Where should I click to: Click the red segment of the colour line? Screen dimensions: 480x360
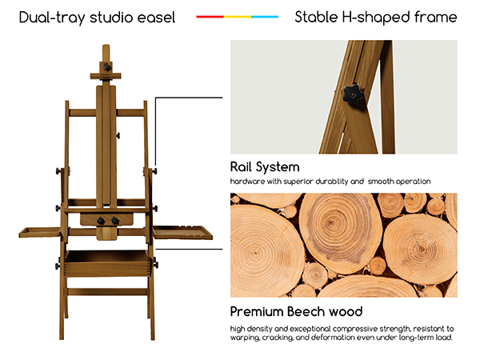210,17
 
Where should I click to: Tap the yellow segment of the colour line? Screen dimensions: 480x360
238,17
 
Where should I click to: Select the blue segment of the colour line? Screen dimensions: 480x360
265,17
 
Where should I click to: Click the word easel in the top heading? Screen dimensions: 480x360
156,18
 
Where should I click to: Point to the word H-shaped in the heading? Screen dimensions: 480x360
376,18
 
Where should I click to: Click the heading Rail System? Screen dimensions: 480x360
265,167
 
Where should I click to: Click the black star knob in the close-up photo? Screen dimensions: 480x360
354,94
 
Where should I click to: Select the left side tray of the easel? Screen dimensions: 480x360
40,232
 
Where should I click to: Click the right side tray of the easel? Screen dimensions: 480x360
182,232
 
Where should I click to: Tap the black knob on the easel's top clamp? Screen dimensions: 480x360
106,66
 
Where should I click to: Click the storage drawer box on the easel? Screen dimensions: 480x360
107,263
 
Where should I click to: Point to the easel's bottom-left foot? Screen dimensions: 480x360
62,336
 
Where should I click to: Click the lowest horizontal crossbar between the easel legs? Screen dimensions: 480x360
107,292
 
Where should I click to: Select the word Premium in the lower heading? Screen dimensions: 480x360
257,312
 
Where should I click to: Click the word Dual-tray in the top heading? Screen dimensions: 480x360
52,18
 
